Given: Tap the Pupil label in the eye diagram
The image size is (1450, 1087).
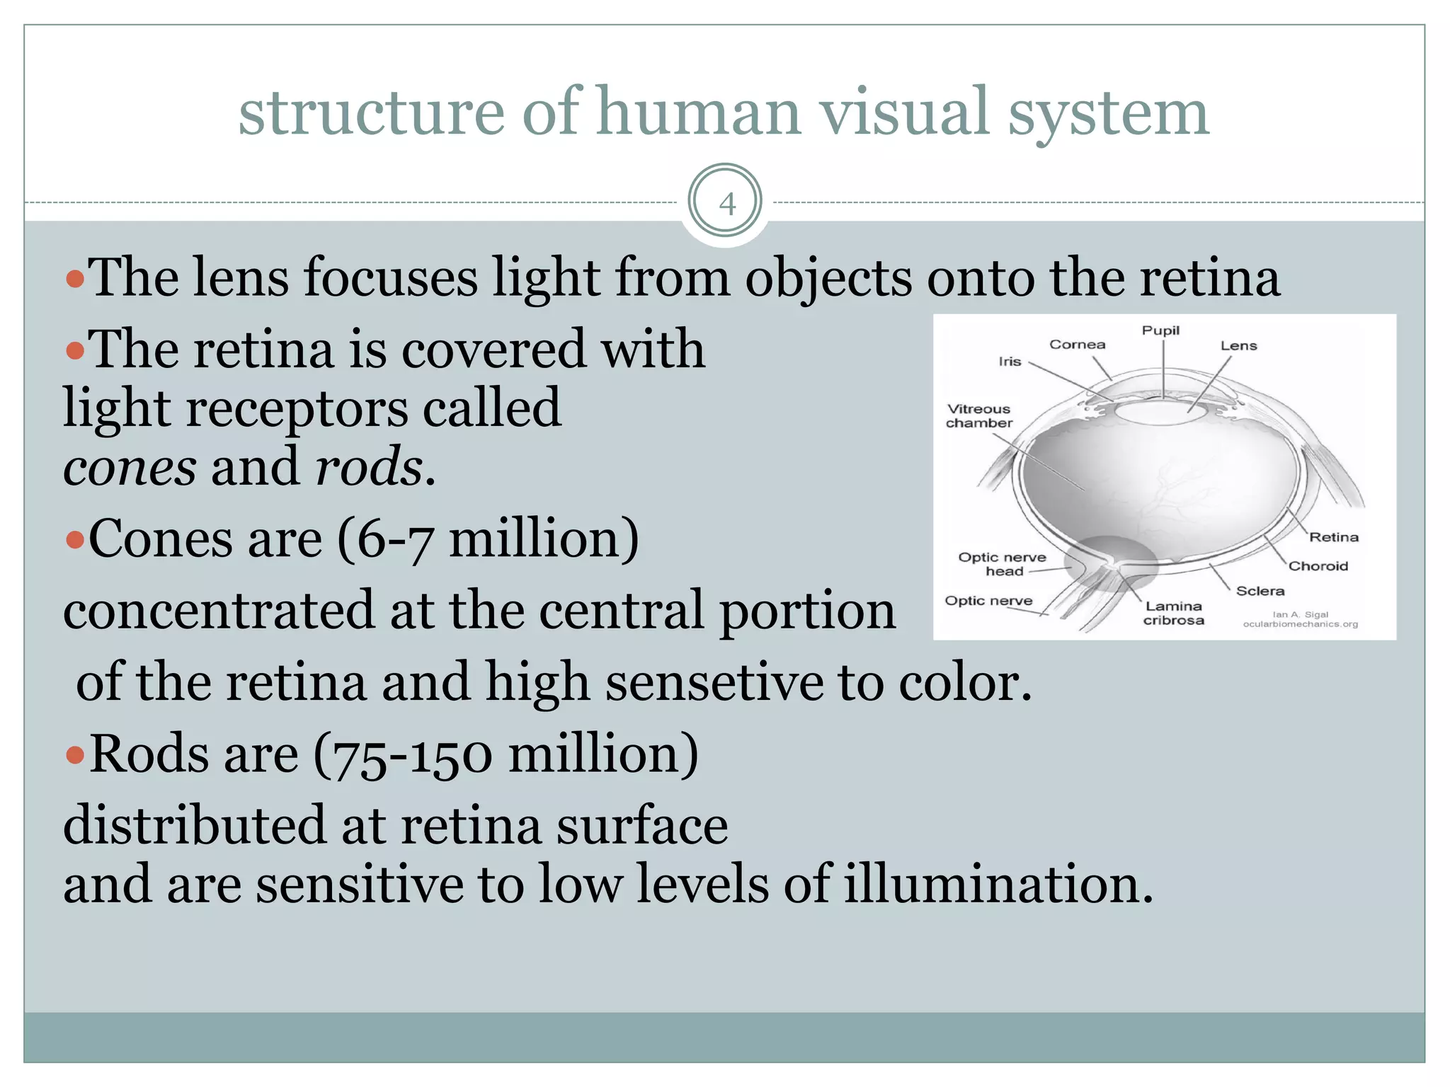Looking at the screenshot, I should point(1160,330).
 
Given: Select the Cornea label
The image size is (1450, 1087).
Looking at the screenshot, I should point(1077,345).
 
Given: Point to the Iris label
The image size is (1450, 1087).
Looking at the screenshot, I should point(1010,362).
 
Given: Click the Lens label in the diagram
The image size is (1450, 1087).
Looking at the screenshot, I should point(1238,346).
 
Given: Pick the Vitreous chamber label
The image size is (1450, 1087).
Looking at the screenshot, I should point(979,416).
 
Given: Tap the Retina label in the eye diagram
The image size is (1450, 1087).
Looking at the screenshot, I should point(1333,537).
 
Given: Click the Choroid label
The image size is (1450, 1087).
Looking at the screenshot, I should point(1318,566).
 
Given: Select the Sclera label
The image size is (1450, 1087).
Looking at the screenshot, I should point(1260,591).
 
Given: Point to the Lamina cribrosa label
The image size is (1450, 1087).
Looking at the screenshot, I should point(1173,614).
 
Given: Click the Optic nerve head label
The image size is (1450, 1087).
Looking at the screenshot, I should point(1002,564).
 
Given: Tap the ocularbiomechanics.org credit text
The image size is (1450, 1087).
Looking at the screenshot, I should point(1300,624).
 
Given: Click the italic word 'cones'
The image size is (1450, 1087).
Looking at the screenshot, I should point(130,468).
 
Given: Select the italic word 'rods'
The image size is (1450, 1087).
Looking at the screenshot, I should point(369,468).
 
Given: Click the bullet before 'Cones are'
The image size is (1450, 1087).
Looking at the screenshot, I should point(74,541).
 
